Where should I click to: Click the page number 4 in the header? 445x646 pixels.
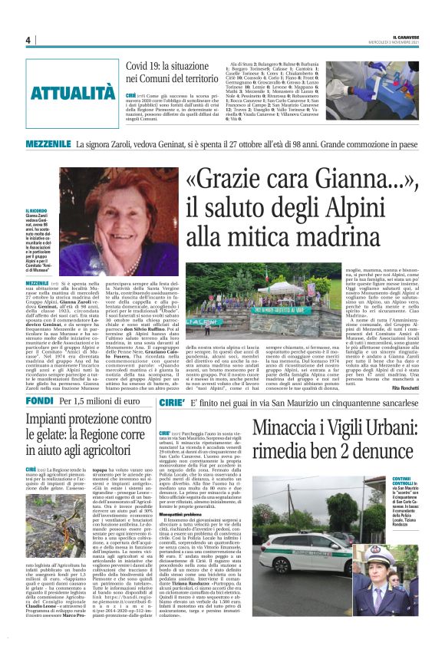click(28, 40)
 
